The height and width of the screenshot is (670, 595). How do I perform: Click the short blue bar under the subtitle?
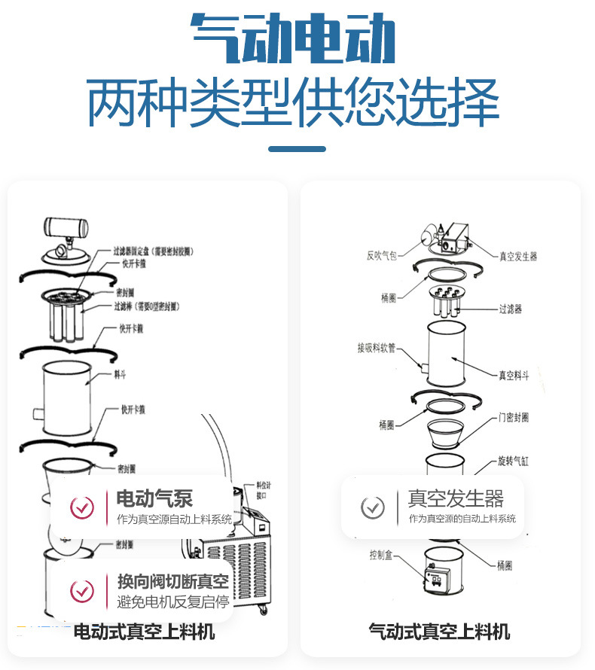pos(297,149)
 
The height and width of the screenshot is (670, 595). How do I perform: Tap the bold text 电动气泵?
pos(154,498)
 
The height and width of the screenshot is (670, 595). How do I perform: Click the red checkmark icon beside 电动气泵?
pos(82,508)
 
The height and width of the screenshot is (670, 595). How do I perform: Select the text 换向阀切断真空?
pos(172,582)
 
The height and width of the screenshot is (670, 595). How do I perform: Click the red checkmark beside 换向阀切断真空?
pos(82,591)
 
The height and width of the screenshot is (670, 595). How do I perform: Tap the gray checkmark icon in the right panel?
pos(372,508)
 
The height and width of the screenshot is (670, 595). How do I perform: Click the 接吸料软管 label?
pos(377,349)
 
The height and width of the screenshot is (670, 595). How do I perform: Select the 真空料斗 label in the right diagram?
pos(514,375)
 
